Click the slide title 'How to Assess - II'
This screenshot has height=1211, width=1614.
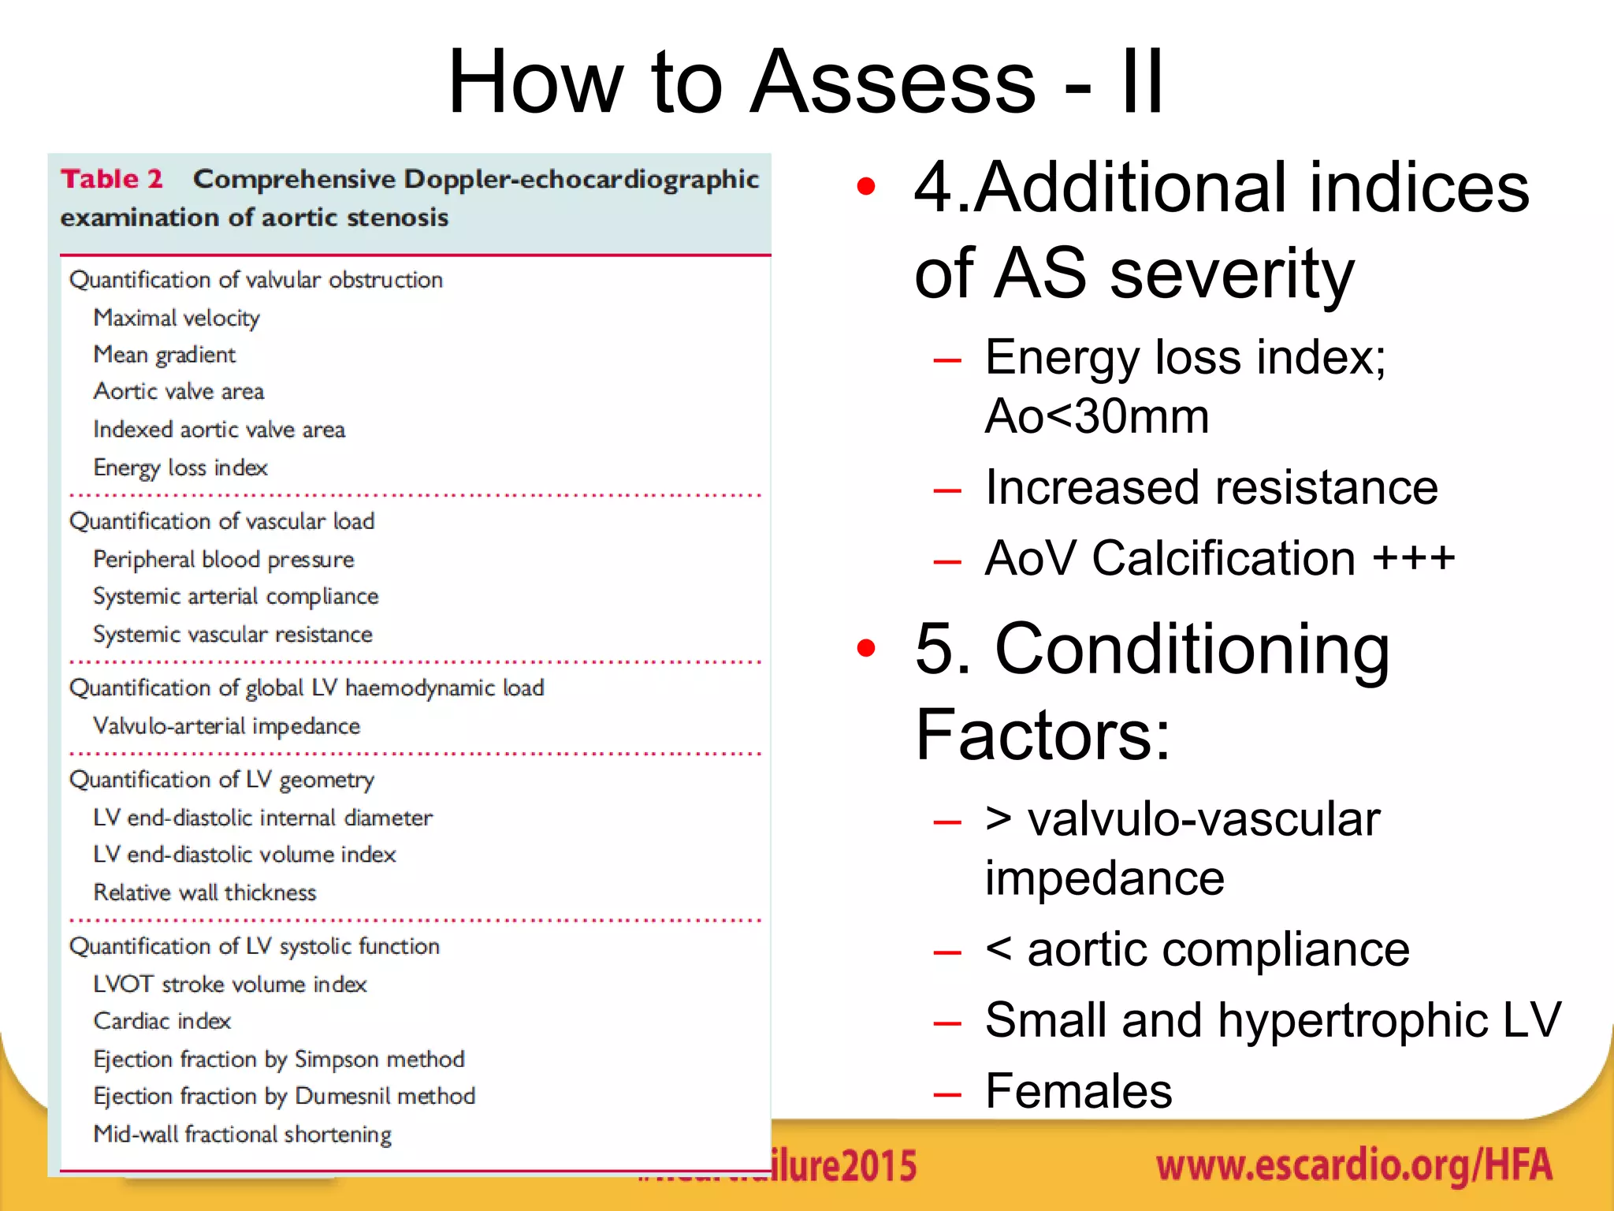(x=805, y=82)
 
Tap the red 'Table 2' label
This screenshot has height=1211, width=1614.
(x=112, y=179)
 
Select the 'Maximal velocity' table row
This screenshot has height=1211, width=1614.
(x=177, y=318)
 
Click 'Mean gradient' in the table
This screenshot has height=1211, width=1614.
(x=164, y=355)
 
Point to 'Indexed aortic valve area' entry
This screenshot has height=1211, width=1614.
(x=219, y=430)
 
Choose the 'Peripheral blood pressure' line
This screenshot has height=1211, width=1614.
(x=224, y=560)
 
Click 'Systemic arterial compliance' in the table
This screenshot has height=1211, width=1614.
(x=236, y=597)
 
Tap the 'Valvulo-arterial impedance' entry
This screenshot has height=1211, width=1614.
(x=227, y=726)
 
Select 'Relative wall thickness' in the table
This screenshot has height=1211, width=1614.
(x=205, y=892)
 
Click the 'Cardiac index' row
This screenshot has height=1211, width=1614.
(x=162, y=1022)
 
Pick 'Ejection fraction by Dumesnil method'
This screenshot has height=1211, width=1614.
(x=284, y=1097)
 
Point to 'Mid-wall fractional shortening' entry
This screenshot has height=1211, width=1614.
(x=243, y=1135)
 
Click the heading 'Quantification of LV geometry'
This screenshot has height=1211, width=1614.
(x=221, y=780)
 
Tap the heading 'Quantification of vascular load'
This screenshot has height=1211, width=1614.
(x=221, y=522)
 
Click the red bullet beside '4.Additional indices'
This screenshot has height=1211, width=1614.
(x=866, y=187)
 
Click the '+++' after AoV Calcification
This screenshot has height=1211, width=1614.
(x=1414, y=558)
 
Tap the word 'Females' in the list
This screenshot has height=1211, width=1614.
(x=1078, y=1092)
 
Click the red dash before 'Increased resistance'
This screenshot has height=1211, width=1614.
(x=946, y=490)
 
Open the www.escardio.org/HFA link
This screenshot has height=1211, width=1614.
(x=1354, y=1166)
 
